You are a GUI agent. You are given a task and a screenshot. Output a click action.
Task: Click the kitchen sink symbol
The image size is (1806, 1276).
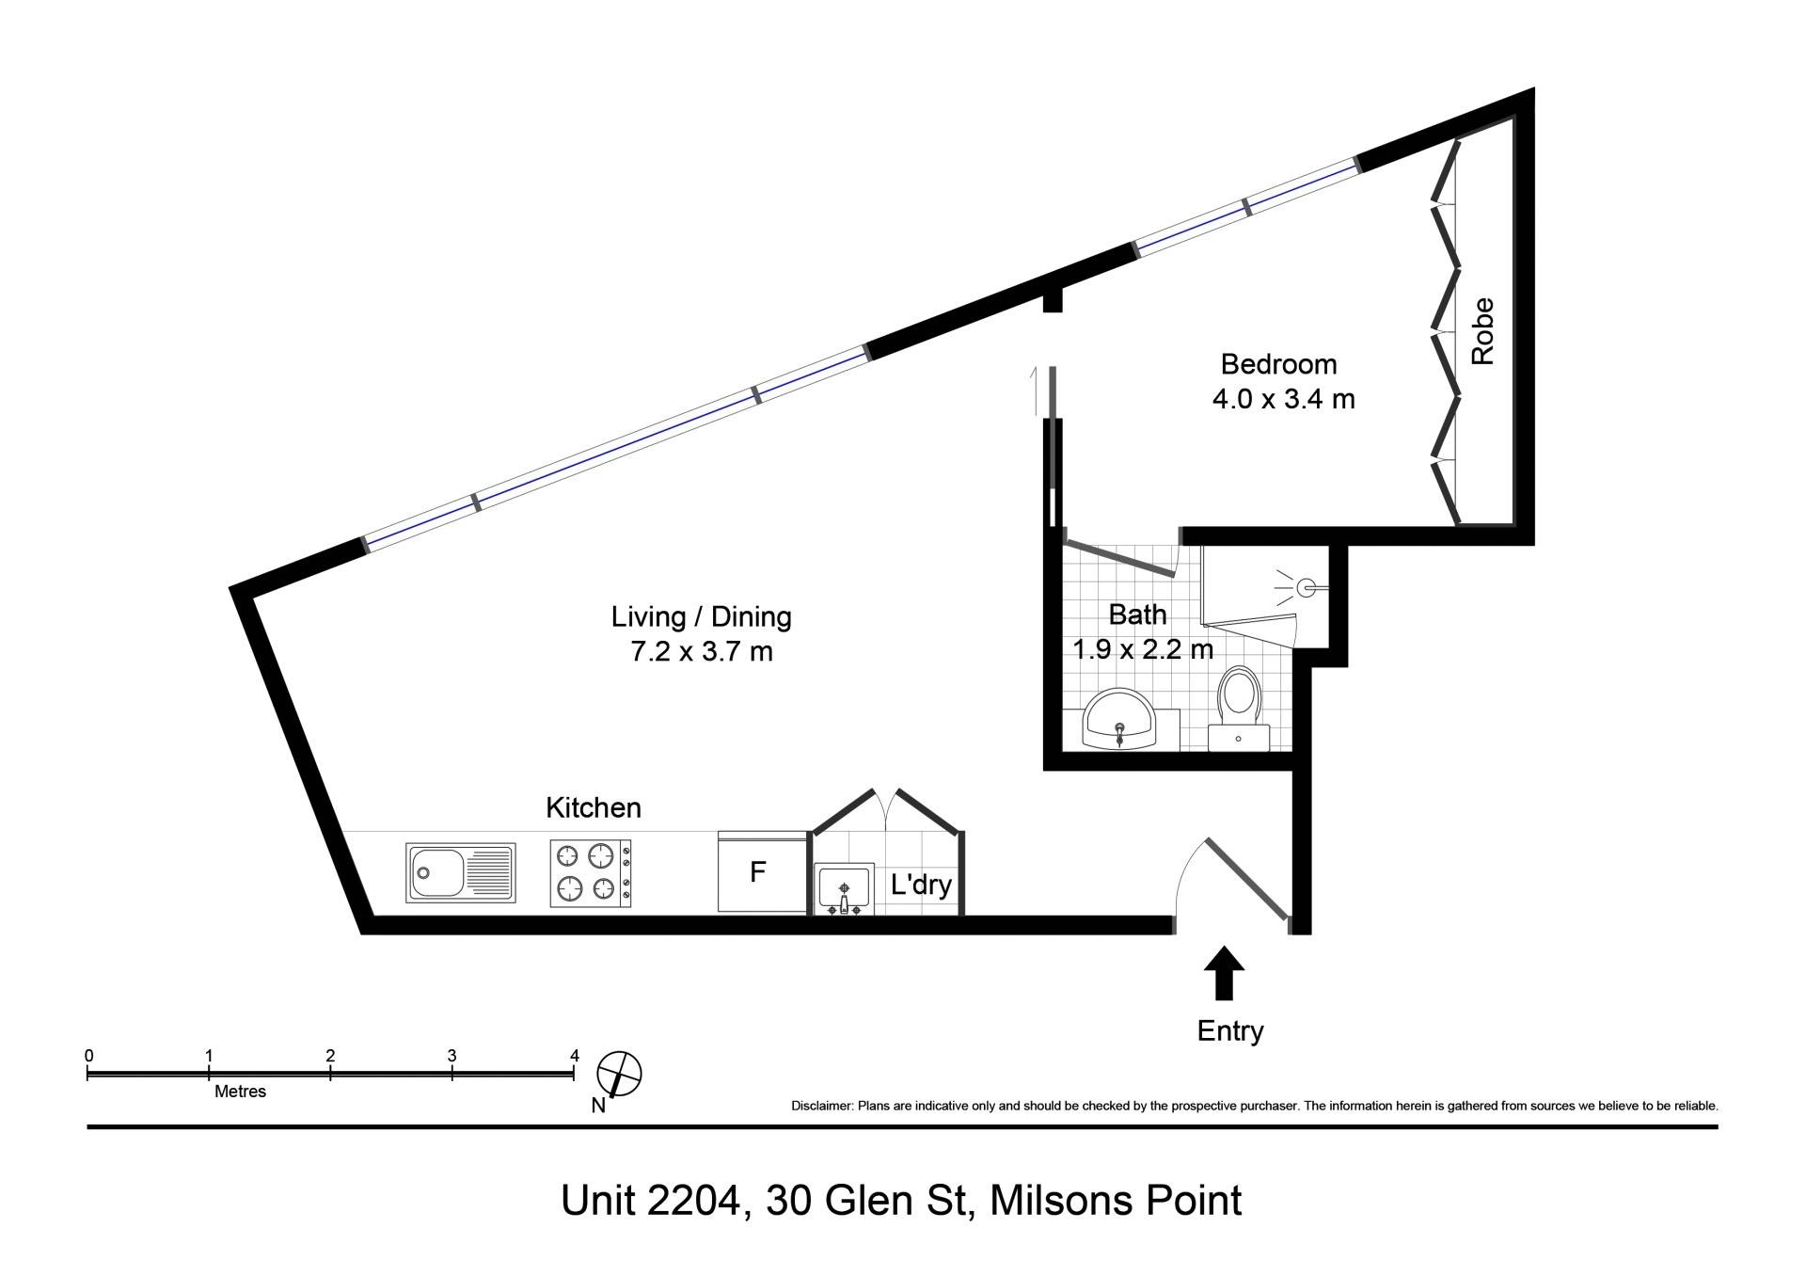pyautogui.click(x=461, y=872)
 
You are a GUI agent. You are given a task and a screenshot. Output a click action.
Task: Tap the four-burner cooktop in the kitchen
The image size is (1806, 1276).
pyautogui.click(x=591, y=873)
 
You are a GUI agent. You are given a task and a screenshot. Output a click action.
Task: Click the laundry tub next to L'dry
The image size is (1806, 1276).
pyautogui.click(x=844, y=889)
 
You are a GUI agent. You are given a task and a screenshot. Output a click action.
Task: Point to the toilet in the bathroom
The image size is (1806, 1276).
pyautogui.click(x=1239, y=707)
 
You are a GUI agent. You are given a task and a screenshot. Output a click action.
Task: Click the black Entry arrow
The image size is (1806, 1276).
pyautogui.click(x=1224, y=972)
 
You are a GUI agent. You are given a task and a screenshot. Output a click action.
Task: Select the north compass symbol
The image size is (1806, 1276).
pyautogui.click(x=619, y=1075)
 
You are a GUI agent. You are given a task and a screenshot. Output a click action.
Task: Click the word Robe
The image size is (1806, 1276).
pyautogui.click(x=1482, y=331)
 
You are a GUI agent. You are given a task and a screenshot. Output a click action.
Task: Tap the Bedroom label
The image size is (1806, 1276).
pyautogui.click(x=1278, y=364)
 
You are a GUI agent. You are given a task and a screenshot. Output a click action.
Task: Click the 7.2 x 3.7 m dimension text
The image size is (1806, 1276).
pyautogui.click(x=702, y=651)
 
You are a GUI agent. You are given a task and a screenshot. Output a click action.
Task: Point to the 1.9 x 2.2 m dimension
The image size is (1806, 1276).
pyautogui.click(x=1143, y=649)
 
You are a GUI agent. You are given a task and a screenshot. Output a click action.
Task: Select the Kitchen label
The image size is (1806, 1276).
pyautogui.click(x=594, y=807)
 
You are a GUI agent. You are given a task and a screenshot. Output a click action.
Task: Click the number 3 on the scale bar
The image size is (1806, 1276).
pyautogui.click(x=452, y=1056)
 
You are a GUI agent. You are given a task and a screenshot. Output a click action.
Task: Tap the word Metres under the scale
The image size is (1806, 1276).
pyautogui.click(x=241, y=1092)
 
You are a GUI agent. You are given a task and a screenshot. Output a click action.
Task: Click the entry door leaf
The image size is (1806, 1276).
pyautogui.click(x=1247, y=879)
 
